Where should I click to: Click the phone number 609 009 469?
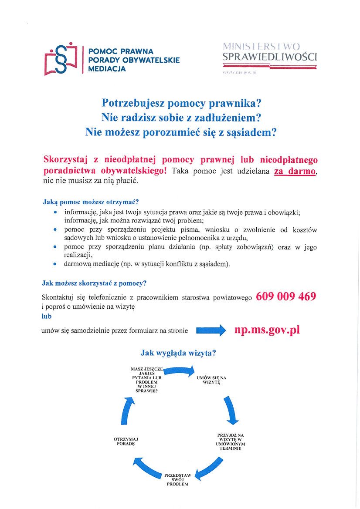(x=286, y=297)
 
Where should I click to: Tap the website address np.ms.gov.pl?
(x=267, y=330)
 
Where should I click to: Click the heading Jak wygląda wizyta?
(x=179, y=353)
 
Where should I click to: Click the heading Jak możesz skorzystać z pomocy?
(x=94, y=283)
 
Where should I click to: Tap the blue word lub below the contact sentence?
(x=47, y=317)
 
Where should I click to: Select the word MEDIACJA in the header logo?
(x=107, y=69)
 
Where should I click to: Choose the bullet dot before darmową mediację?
(x=54, y=264)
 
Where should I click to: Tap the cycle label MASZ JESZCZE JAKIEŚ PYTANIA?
(x=144, y=379)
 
